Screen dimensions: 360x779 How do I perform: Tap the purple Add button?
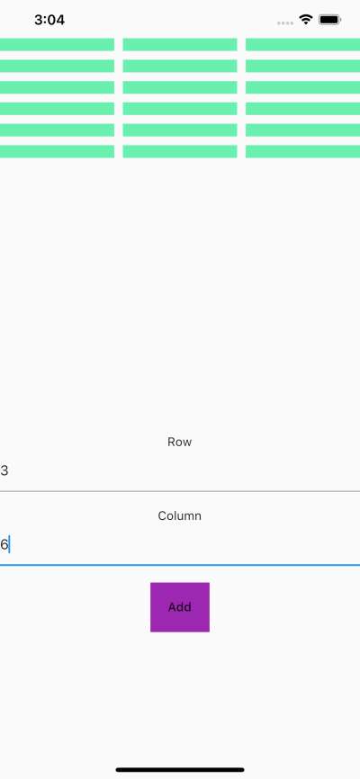[x=180, y=607]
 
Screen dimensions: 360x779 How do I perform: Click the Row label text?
[x=179, y=443]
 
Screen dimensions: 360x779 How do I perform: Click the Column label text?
[x=179, y=515]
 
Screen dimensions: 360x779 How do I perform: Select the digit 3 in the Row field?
[x=4, y=470]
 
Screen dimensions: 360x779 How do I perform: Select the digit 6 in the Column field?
[x=4, y=544]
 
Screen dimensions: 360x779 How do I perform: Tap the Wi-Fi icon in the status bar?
[x=306, y=20]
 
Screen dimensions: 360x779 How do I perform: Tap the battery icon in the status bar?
[x=329, y=20]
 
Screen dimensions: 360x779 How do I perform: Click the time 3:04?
[x=49, y=21]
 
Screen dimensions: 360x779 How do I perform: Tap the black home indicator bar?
[x=180, y=770]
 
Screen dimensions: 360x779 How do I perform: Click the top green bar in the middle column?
[x=180, y=44]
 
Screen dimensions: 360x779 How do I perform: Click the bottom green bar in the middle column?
[x=180, y=151]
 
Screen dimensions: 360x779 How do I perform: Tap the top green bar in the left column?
[x=58, y=44]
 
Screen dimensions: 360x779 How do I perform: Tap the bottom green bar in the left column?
[x=58, y=151]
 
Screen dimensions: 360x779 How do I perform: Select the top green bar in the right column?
[x=302, y=44]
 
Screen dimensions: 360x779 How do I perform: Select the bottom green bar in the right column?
[x=302, y=151]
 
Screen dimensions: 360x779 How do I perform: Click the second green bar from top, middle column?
[x=180, y=66]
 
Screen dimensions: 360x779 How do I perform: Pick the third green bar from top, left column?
[x=58, y=87]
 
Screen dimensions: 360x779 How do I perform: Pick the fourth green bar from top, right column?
[x=302, y=109]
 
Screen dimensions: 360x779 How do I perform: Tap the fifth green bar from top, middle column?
[x=180, y=130]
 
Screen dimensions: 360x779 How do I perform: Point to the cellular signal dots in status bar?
[x=285, y=22]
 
